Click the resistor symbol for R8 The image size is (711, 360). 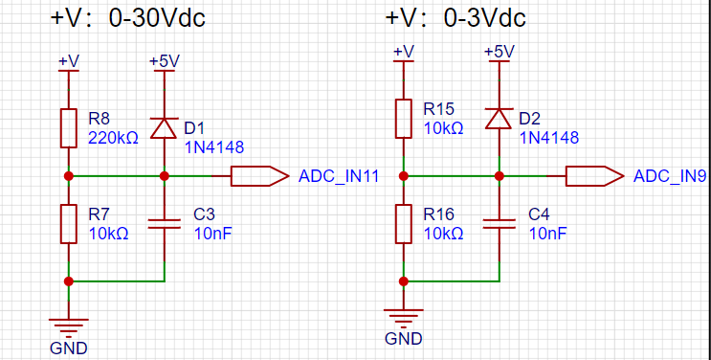point(69,128)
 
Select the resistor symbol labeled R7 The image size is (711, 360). point(69,224)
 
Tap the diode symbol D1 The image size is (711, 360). point(164,128)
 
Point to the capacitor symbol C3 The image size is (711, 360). point(164,224)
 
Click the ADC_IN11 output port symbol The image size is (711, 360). point(260,176)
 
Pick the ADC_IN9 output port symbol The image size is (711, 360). point(594,176)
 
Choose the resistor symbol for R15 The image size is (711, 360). point(403,119)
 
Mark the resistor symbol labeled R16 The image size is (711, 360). point(403,224)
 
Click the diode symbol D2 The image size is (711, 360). point(499,119)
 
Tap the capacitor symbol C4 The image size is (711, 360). point(499,224)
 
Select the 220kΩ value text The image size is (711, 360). point(113,138)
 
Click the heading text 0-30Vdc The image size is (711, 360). point(157,18)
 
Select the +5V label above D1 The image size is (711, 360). point(165,61)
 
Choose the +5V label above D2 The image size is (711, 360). point(500,52)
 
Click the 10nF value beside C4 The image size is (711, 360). point(547,234)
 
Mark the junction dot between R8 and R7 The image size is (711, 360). point(69,176)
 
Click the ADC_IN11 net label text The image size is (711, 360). point(338,176)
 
